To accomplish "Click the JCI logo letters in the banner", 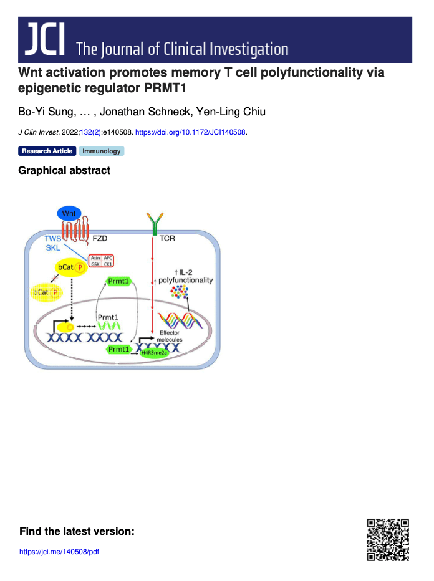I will [45, 39].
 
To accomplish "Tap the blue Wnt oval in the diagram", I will [69, 214].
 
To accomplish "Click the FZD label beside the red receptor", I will [100, 239].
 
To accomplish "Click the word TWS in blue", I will [53, 239].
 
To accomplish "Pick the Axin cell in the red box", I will [95, 257].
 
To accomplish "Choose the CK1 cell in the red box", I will [108, 264].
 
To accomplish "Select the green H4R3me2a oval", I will [162, 353].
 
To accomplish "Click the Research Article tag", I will [47, 151].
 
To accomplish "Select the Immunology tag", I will [101, 151].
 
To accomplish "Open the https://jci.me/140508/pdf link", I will [59, 552].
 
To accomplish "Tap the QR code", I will [387, 539].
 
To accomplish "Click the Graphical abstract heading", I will [64, 170].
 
